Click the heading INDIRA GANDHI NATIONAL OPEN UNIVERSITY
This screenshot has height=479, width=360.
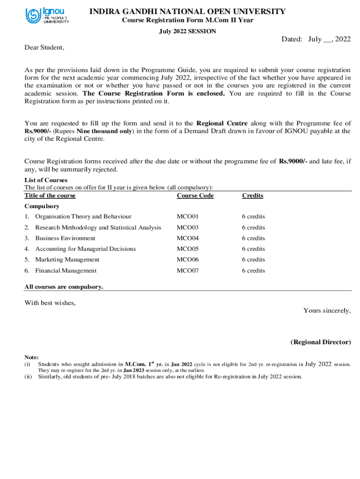(x=187, y=11)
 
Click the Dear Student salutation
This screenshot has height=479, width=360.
(x=44, y=48)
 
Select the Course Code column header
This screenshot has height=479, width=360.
(x=195, y=196)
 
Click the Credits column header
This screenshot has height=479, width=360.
(x=252, y=196)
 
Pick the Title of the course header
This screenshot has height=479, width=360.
(x=50, y=196)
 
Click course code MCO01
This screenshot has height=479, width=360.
(x=187, y=217)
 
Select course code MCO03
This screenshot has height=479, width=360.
(x=187, y=227)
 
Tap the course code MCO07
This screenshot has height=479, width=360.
(x=187, y=271)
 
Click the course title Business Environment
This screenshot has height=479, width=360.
(x=65, y=238)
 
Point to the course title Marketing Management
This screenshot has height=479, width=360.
(x=67, y=260)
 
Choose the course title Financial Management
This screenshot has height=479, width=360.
(x=66, y=271)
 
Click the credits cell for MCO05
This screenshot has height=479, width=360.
(x=253, y=249)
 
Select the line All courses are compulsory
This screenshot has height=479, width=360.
(x=64, y=287)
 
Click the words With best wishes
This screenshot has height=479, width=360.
(x=50, y=303)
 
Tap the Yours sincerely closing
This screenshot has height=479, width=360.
(x=327, y=311)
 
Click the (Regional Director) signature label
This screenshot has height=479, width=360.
(x=320, y=342)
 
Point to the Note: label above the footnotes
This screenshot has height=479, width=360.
(x=31, y=357)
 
